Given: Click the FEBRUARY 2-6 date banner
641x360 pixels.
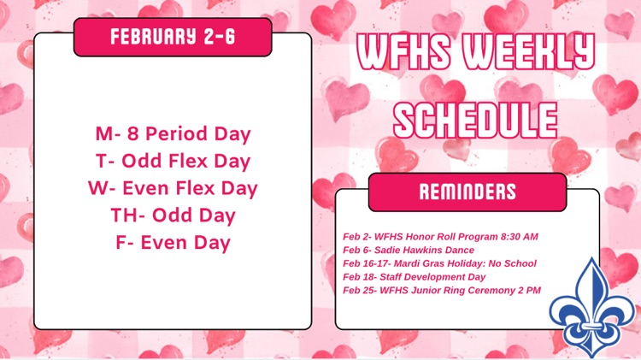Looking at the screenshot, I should [x=173, y=37].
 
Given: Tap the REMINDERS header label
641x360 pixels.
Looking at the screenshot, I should [x=467, y=192].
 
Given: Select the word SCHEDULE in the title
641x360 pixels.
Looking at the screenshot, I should [x=476, y=119].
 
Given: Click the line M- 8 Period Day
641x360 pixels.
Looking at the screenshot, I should [x=173, y=134].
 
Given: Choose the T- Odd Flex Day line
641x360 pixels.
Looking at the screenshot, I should [x=173, y=161].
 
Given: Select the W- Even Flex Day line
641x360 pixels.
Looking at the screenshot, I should [x=173, y=188].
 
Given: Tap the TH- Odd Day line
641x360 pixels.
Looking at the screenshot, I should [x=173, y=215].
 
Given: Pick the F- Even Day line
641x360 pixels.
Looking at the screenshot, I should [x=173, y=242].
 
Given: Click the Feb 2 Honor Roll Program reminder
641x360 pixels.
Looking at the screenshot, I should [x=440, y=236].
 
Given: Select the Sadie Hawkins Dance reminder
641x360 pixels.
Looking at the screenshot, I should [x=409, y=250].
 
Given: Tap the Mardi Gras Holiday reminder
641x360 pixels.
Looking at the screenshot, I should [x=439, y=263].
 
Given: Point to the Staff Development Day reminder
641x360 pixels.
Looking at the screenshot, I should [x=414, y=277].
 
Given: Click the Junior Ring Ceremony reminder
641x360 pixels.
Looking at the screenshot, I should [x=442, y=291].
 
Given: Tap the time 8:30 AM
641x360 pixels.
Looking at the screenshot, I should [x=519, y=236].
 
